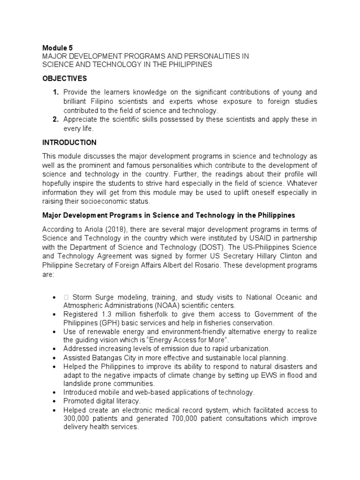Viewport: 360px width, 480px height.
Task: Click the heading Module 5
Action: pyautogui.click(x=58, y=47)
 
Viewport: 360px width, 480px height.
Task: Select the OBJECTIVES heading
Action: pyautogui.click(x=65, y=78)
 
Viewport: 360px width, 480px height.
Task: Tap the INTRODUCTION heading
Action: pyautogui.click(x=69, y=142)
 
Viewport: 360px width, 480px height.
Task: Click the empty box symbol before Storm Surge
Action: pyautogui.click(x=66, y=298)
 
